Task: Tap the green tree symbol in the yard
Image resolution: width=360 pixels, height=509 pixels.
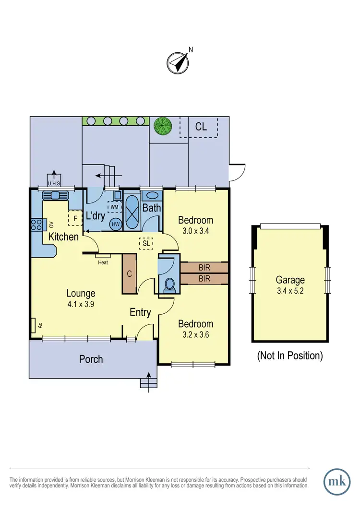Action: pos(162,126)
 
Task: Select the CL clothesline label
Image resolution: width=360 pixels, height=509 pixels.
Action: pos(201,127)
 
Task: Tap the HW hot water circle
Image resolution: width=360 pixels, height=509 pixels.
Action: pos(115,224)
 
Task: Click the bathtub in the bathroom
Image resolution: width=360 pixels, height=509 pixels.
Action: pos(132,211)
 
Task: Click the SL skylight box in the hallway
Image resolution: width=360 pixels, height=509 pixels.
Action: pos(146,243)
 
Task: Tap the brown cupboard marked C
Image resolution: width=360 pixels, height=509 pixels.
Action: pos(130,273)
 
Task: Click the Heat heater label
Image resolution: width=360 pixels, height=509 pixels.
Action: pos(103,262)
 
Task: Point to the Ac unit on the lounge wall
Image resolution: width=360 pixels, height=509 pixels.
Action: pos(34,326)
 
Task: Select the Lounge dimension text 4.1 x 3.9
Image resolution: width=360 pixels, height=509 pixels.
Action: pos(81,304)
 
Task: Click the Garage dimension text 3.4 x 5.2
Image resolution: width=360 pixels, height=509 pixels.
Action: pos(290,290)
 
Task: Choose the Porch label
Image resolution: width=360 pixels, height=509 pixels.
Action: pos(91,359)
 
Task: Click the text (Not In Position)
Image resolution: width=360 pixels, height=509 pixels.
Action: pos(290,356)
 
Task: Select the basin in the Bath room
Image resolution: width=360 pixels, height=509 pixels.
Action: pos(152,195)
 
